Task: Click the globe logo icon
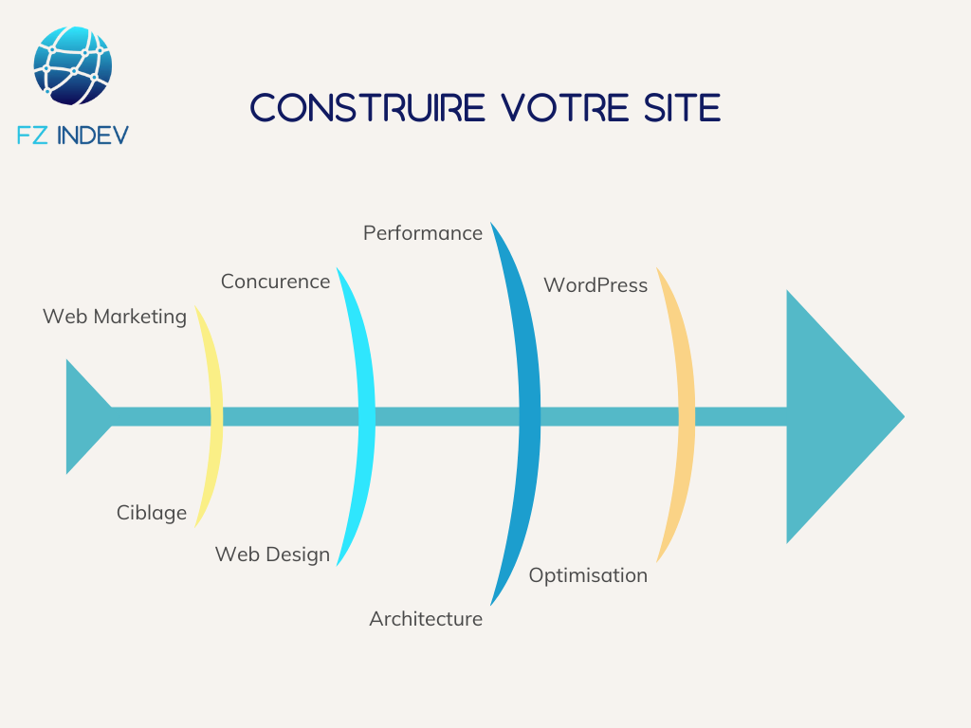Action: coord(72,65)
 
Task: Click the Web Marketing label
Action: coord(115,317)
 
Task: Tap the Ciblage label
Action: coord(152,513)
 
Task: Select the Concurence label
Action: coord(275,282)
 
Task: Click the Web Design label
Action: coord(272,555)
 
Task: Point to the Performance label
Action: coord(423,233)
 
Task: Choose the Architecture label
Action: coord(426,619)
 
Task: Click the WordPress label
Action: coord(595,285)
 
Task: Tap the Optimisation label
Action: coord(588,575)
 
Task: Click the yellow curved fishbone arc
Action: coord(214,416)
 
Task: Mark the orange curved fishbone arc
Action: coord(685,416)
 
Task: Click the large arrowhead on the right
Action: coord(834,416)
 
